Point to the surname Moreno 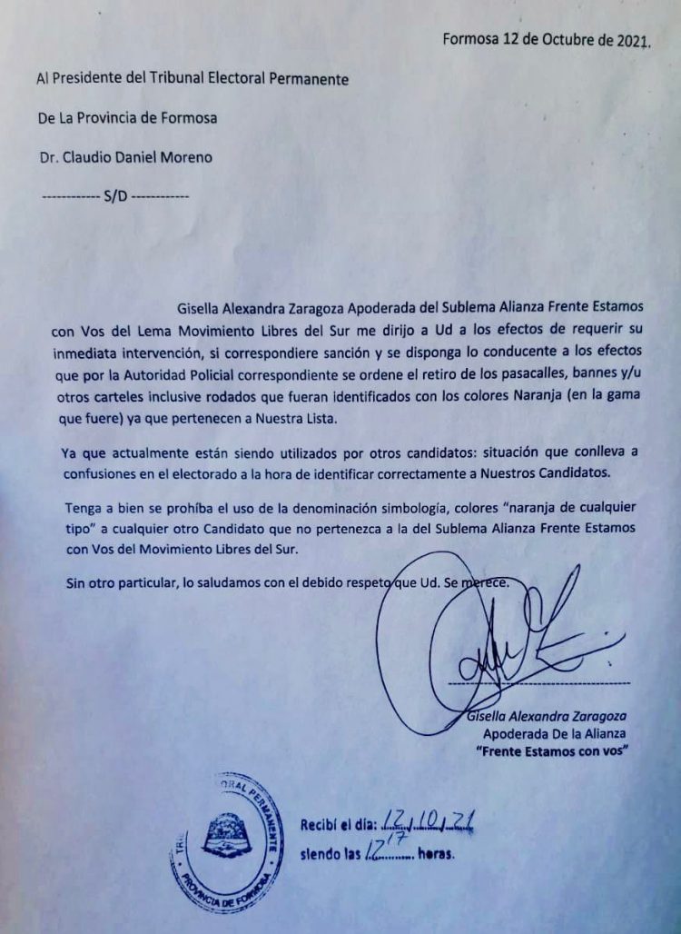coord(184,157)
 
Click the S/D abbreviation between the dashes coord(115,196)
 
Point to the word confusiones coord(102,473)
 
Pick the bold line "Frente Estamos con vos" coord(553,751)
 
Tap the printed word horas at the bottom coord(435,856)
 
